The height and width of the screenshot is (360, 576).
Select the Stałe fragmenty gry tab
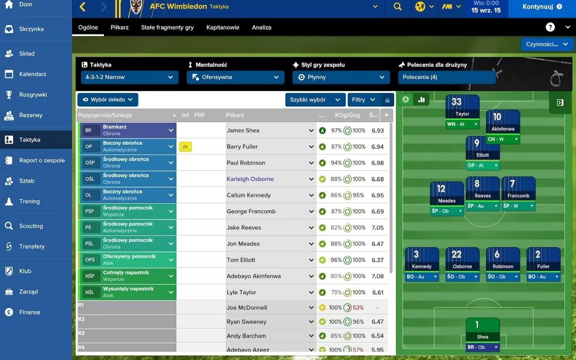167,28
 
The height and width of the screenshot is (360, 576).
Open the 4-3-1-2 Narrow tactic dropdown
130,77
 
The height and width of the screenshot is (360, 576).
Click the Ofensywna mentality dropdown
235,77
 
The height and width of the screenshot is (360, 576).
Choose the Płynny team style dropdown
341,77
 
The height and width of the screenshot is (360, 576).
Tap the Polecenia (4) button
447,77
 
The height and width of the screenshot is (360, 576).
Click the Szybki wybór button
315,100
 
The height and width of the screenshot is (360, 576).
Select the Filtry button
364,100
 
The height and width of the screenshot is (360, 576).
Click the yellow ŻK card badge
186,147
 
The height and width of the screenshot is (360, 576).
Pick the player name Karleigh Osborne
250,179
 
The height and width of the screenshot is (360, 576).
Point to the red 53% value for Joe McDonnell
358,308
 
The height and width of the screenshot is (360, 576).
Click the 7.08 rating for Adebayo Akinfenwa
378,276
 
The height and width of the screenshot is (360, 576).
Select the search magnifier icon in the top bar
397,7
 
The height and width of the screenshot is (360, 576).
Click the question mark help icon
550,27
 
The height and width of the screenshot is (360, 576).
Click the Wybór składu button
108,100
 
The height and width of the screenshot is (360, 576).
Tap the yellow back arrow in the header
82,7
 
